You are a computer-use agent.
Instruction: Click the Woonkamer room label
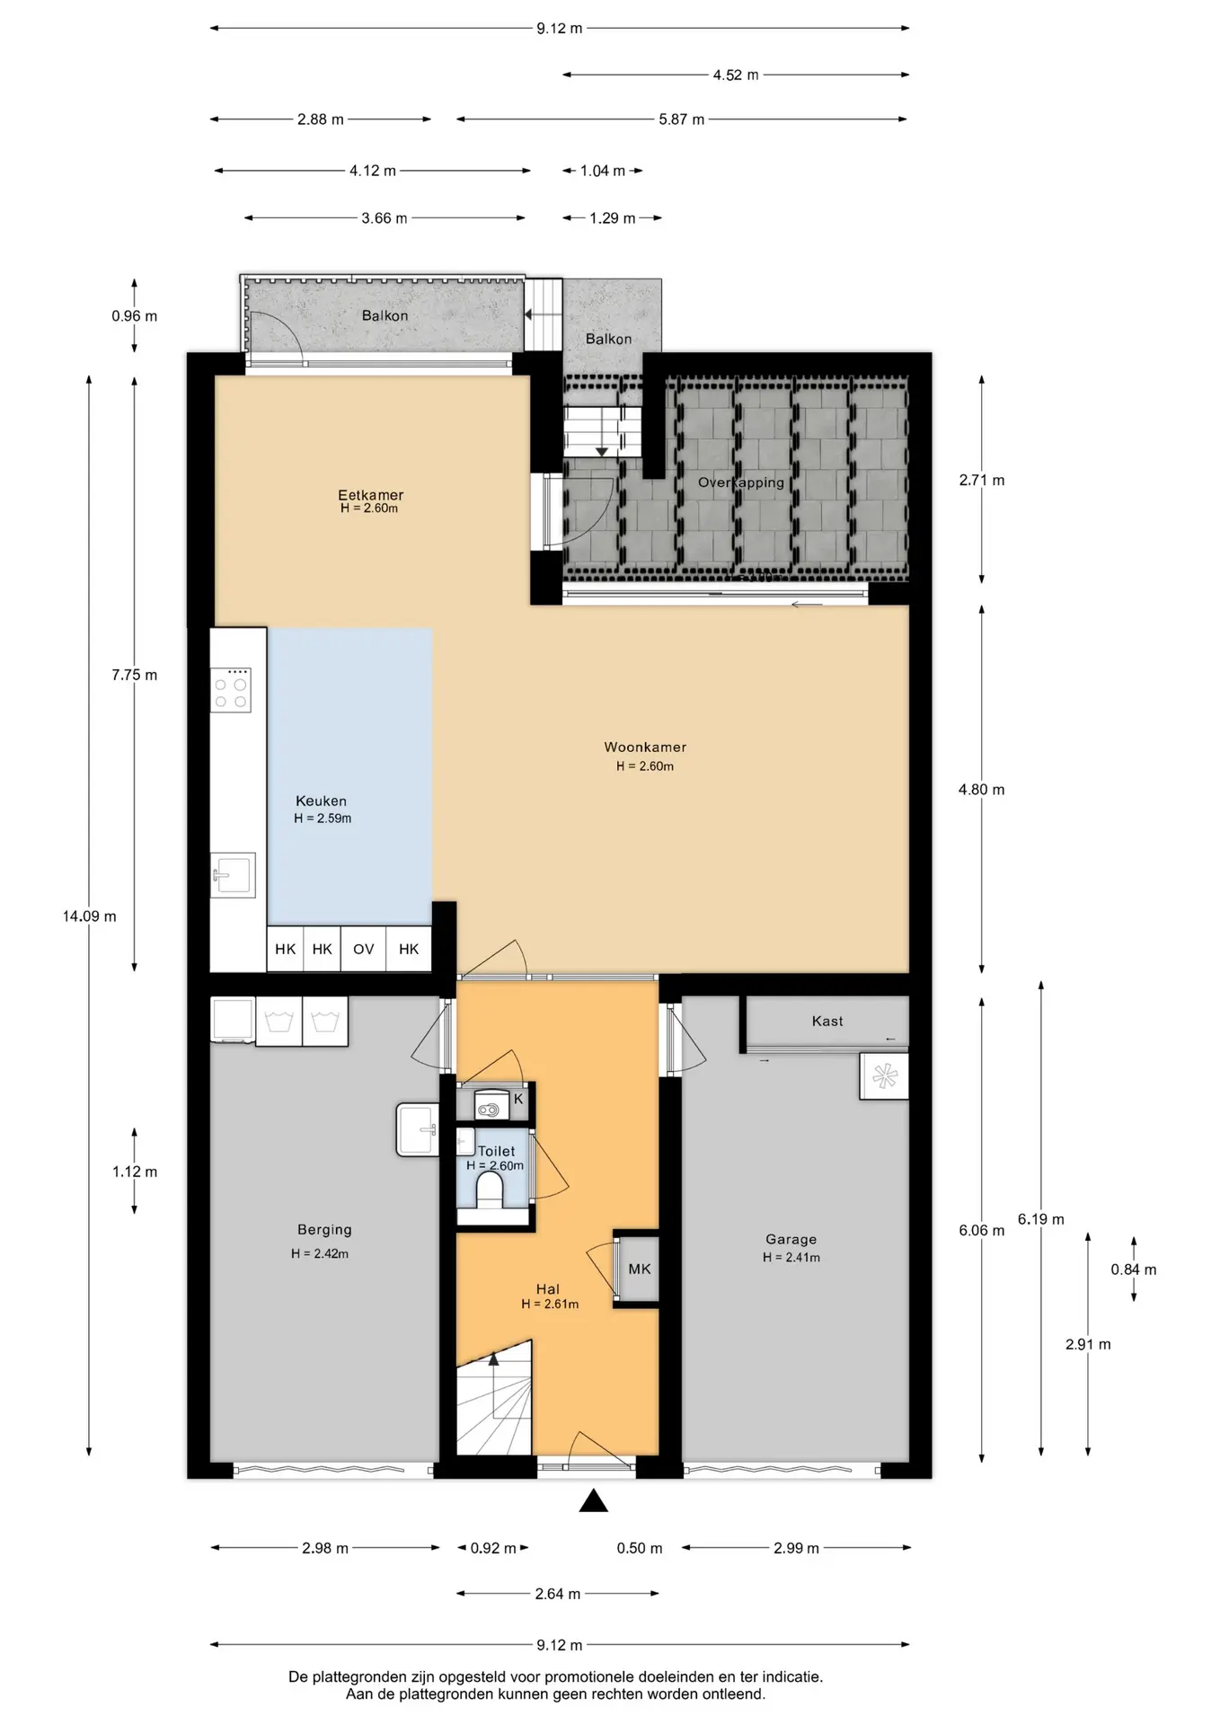pyautogui.click(x=645, y=747)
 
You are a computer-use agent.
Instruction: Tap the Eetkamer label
pyautogui.click(x=370, y=495)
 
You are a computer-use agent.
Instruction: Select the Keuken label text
pyautogui.click(x=321, y=801)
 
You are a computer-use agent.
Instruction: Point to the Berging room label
pyautogui.click(x=324, y=1230)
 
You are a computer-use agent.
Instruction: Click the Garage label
pyautogui.click(x=791, y=1240)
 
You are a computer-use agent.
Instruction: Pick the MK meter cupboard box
pyautogui.click(x=640, y=1269)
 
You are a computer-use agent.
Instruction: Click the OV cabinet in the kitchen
pyautogui.click(x=363, y=949)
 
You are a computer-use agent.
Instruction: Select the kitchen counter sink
pyautogui.click(x=233, y=874)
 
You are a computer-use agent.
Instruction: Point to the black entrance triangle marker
pyautogui.click(x=593, y=1500)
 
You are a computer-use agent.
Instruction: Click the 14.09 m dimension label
pyautogui.click(x=89, y=916)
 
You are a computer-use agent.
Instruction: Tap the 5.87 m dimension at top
pyautogui.click(x=681, y=119)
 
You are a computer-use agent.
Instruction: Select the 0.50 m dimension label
pyautogui.click(x=640, y=1548)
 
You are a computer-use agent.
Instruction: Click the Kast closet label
pyautogui.click(x=827, y=1021)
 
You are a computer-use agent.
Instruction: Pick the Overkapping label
pyautogui.click(x=741, y=482)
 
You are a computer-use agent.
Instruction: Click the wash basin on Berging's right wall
pyautogui.click(x=418, y=1129)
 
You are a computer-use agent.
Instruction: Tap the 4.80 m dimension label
pyautogui.click(x=982, y=790)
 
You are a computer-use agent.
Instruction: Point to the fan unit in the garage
pyautogui.click(x=884, y=1075)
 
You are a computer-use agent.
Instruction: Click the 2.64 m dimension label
pyautogui.click(x=558, y=1594)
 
